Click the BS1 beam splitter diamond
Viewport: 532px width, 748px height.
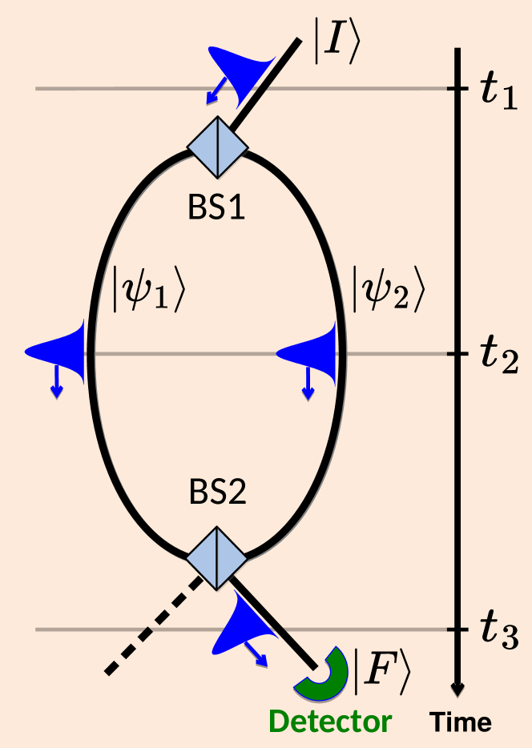(x=217, y=147)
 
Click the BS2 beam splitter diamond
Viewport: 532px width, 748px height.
(x=217, y=557)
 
